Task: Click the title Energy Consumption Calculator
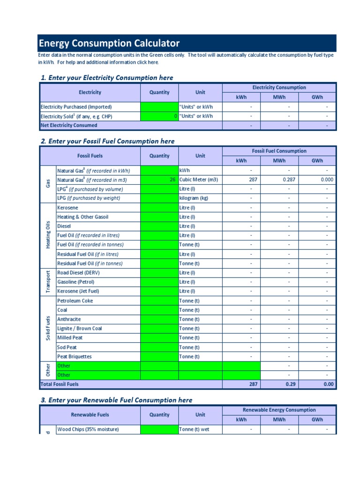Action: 109,44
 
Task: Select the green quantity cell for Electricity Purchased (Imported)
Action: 159,107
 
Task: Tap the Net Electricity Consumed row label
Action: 69,126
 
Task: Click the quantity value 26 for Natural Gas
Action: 173,180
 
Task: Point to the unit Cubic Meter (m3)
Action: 199,180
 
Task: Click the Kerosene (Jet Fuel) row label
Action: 78,291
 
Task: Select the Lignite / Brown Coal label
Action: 79,329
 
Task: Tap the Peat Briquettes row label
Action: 75,357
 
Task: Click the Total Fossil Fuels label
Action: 60,384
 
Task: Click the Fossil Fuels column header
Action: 90,156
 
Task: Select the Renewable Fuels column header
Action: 90,415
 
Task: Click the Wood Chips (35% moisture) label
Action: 88,429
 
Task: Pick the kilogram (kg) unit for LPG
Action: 194,198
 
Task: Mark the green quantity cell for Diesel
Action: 159,226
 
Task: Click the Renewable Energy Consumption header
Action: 279,410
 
